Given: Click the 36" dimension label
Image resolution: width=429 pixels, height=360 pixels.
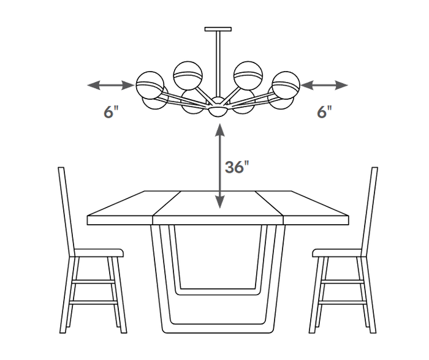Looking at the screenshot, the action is coord(237,167).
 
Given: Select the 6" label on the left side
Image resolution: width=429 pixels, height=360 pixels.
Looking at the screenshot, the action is coord(112,112).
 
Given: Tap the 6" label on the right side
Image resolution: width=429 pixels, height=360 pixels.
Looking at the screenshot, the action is coord(324,112).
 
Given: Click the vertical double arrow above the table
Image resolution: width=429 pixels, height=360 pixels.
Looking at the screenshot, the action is coord(219,166).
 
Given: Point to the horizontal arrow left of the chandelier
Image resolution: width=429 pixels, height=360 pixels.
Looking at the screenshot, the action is coord(111,85).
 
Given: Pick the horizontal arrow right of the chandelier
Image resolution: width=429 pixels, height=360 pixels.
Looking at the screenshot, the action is coord(324,85).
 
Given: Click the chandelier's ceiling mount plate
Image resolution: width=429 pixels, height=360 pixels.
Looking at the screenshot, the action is coord(218,29).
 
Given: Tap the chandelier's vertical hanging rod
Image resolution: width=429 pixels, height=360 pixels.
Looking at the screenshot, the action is coord(218,64).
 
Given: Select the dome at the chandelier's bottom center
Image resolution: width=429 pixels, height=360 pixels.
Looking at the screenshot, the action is coord(218,111).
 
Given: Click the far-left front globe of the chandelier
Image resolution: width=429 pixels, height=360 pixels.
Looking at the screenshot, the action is coord(150,85).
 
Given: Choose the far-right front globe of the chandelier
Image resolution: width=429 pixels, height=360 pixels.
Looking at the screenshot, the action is coord(286,85).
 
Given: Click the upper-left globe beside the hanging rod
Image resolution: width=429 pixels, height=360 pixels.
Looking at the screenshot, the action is coord(188,75).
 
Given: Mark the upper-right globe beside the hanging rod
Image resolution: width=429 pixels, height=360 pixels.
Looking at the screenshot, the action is coord(248,75).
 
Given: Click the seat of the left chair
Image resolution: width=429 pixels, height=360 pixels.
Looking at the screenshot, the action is coord(99,253).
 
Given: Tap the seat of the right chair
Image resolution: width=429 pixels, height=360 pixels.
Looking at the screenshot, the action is coord(337,253).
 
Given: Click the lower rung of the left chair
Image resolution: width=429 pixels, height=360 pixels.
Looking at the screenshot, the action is coord(93,302).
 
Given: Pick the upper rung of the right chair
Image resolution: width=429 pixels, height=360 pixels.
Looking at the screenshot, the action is coord(343,282).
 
